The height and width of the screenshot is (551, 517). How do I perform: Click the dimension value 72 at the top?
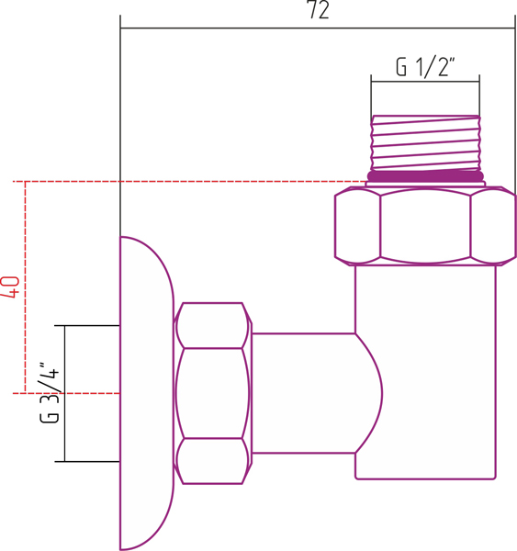(x=319, y=9)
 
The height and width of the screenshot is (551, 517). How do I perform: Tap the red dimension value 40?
(x=11, y=287)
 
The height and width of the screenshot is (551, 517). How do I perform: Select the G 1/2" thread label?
(x=425, y=67)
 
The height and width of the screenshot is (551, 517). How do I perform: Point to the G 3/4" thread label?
(x=50, y=392)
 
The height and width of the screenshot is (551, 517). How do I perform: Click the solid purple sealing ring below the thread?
(x=425, y=176)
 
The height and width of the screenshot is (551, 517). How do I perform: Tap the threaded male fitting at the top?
(x=425, y=143)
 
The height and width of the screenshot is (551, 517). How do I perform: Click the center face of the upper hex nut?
(x=425, y=226)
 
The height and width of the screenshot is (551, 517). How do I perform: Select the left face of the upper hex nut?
(x=357, y=226)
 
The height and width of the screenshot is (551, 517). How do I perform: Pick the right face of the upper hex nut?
(x=493, y=226)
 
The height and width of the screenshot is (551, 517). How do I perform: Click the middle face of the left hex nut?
(x=211, y=393)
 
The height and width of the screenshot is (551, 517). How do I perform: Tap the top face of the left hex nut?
(x=211, y=325)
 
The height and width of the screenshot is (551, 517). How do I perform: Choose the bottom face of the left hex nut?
(x=211, y=461)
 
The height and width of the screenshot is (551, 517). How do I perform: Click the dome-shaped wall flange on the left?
(x=147, y=393)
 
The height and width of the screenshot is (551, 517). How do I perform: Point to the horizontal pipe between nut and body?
(x=303, y=393)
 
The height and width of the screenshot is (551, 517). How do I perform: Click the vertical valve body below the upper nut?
(x=425, y=372)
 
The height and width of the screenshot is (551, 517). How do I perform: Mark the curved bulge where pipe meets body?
(x=369, y=393)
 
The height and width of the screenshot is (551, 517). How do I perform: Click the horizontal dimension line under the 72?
(x=318, y=28)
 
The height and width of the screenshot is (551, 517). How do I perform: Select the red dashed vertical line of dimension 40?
(x=26, y=287)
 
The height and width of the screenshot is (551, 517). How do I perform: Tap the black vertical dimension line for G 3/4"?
(x=64, y=394)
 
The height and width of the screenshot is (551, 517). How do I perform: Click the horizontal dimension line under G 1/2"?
(x=425, y=82)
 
